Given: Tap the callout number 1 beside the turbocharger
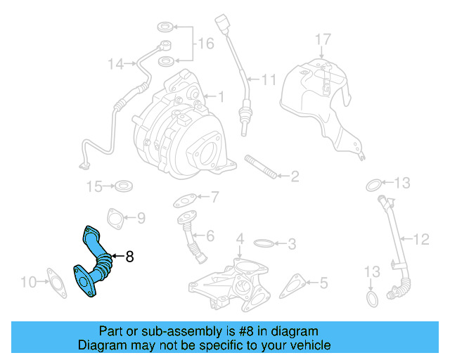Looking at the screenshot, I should [219, 96].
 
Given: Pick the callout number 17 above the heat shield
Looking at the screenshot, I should [321, 38].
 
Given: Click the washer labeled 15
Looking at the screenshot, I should [125, 186].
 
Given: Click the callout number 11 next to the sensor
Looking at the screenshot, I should [269, 79].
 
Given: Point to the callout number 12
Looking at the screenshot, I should [420, 240].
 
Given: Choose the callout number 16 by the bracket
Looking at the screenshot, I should [205, 44].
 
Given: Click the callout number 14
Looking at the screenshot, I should [116, 64].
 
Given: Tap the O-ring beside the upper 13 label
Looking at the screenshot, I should [374, 185].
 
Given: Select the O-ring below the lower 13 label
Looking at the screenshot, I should [373, 300].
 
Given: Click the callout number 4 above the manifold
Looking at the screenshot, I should [240, 239].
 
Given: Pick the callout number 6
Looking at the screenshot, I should [210, 235].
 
